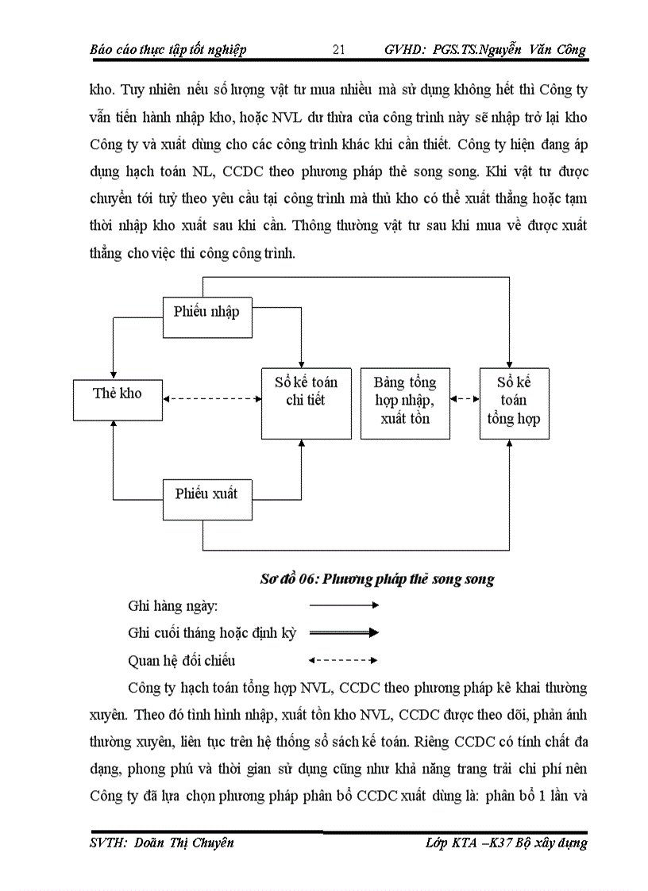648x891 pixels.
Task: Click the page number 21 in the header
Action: pos(338,50)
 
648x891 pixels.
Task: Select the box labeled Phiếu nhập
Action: pos(206,312)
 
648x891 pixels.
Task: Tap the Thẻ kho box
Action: pos(117,394)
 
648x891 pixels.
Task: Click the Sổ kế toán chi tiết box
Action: pos(306,402)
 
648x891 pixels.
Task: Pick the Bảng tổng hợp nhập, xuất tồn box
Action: pos(405,402)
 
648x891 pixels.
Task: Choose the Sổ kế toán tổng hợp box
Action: pos(515,402)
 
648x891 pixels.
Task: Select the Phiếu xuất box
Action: pos(206,494)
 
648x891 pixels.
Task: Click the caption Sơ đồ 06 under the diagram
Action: pos(377,579)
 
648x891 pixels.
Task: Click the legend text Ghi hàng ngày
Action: pos(172,606)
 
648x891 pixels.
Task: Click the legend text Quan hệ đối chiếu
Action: pos(181,660)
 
